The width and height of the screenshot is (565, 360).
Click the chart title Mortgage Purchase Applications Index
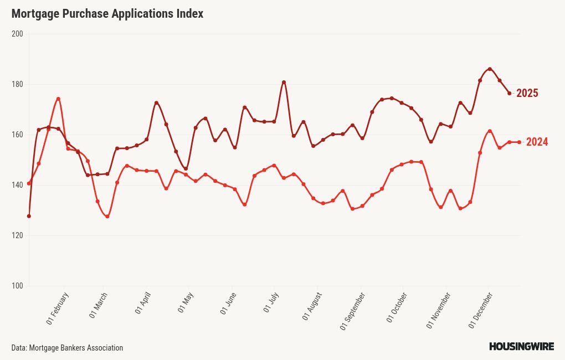coord(107,14)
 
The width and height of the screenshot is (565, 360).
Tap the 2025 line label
coord(527,93)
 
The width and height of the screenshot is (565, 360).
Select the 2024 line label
coord(537,142)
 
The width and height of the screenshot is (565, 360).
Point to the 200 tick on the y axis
coord(17,34)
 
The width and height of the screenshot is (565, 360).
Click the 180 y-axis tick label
coord(17,84)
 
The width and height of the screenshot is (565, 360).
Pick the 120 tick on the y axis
coord(17,235)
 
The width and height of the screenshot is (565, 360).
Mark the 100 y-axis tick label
coord(17,286)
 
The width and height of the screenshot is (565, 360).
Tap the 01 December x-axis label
coord(481,311)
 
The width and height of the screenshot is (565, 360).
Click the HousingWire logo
coord(521,347)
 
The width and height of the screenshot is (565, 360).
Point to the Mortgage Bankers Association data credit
coord(67,348)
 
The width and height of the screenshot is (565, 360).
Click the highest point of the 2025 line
coord(490,69)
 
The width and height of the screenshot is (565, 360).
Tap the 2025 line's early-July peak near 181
coord(284,82)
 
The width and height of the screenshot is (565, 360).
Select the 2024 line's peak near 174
coord(58,99)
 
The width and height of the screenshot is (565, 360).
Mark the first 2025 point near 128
coord(29,216)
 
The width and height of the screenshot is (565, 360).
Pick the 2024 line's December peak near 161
coord(490,131)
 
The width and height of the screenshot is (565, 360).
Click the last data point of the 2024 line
coord(519,142)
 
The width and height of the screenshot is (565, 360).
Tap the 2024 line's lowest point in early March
coord(107,217)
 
